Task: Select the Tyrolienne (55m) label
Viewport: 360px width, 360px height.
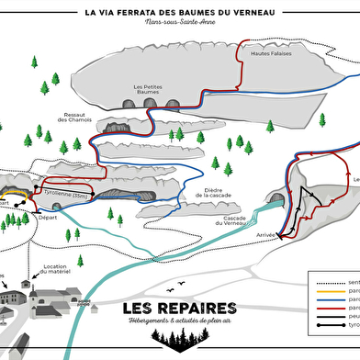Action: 66,196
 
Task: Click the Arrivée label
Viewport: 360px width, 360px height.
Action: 266,234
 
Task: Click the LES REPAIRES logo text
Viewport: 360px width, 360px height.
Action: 179,307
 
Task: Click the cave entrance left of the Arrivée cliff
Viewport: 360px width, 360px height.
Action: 276,197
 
